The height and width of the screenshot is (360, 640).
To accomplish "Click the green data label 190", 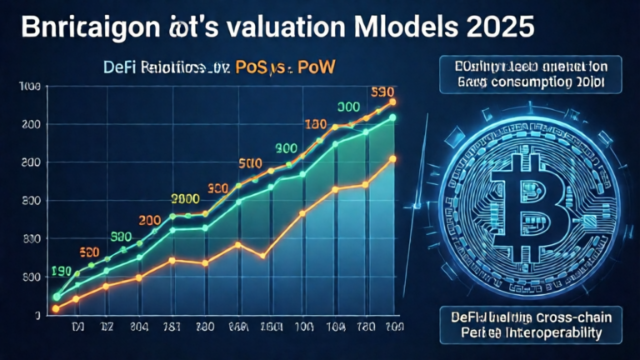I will pyautogui.click(x=61, y=271).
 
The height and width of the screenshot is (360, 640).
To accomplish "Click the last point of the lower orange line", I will pyautogui.click(x=392, y=158).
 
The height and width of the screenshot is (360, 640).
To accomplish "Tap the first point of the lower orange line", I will pyautogui.click(x=56, y=309).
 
